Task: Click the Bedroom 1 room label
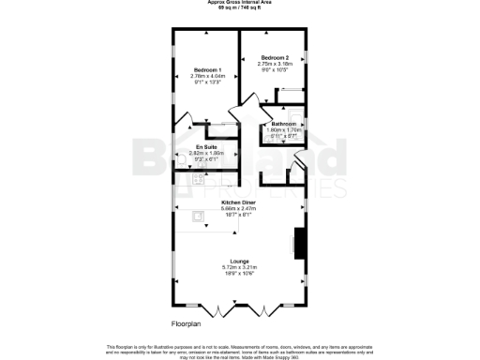coord(206,70)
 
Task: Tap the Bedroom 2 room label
coord(274,57)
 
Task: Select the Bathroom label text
coord(284,124)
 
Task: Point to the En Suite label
coord(206,146)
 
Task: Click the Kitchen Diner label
coord(239,202)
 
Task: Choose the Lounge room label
coord(239,262)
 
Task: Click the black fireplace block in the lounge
coord(299,243)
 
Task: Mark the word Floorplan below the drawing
coord(186,323)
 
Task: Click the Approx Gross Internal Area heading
coord(240,2)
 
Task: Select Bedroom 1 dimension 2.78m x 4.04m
coord(206,76)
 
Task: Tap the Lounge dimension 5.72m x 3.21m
coord(239,267)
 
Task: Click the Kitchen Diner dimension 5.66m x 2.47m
coord(239,208)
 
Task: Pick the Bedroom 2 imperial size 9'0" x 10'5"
coord(274,69)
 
